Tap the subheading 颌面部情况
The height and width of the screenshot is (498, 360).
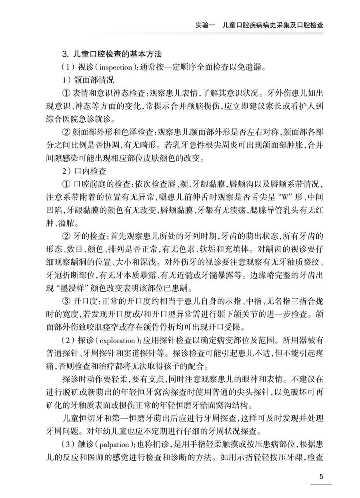(x=91, y=80)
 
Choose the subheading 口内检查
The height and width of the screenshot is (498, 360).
(x=90, y=171)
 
